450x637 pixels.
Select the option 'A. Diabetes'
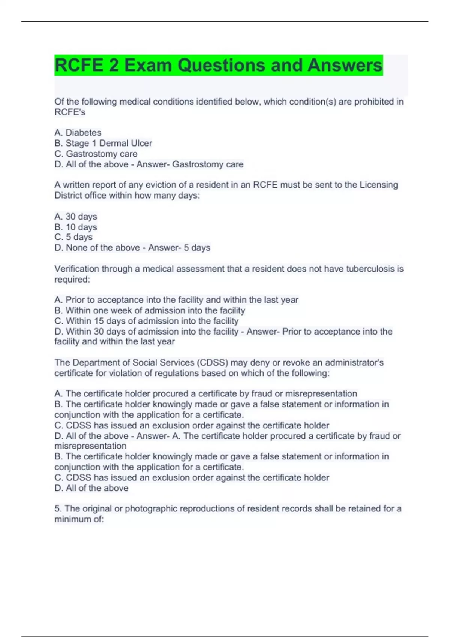pyautogui.click(x=78, y=133)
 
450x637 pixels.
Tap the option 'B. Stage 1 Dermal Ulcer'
pyautogui.click(x=103, y=143)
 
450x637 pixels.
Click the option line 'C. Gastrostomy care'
pyautogui.click(x=96, y=154)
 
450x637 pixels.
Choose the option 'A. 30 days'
pyautogui.click(x=75, y=217)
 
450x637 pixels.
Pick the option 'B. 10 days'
pyautogui.click(x=75, y=227)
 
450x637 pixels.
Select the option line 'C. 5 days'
pyautogui.click(x=73, y=237)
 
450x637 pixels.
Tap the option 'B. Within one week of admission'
pyautogui.click(x=150, y=310)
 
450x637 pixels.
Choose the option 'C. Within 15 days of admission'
pyautogui.click(x=146, y=321)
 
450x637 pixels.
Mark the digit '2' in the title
pyautogui.click(x=114, y=65)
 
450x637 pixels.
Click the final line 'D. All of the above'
pyautogui.click(x=91, y=488)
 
